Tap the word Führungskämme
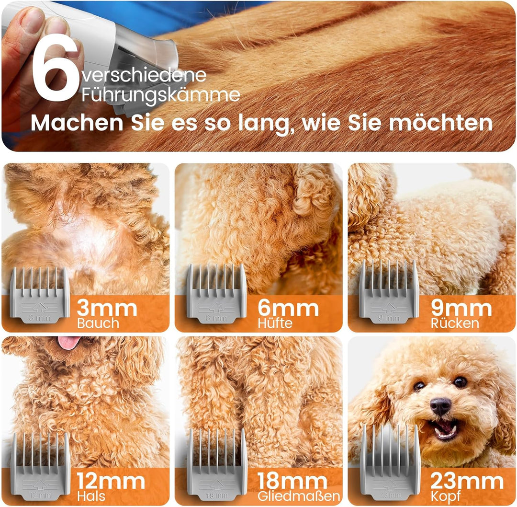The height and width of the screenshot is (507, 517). click(160, 95)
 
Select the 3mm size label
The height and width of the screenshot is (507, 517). click(107, 308)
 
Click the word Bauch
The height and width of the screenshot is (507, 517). click(98, 323)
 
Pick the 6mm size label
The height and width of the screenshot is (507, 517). click(288, 308)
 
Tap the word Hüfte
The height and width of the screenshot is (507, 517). click(275, 323)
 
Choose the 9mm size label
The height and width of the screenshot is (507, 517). click(461, 308)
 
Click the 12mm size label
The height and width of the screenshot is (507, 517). click(111, 481)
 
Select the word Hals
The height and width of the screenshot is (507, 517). click(92, 495)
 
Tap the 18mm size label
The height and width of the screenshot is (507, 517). click(292, 481)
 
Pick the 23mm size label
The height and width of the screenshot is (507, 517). click(467, 481)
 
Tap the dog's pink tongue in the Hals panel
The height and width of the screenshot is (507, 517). click(69, 342)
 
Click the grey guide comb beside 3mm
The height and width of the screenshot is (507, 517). click(39, 295)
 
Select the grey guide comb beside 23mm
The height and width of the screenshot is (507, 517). click(390, 462)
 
